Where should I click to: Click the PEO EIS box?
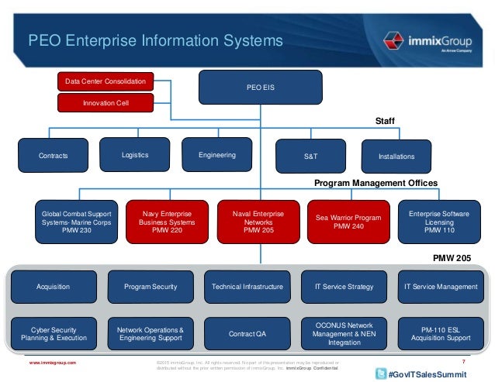245,88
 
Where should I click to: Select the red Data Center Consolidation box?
105,81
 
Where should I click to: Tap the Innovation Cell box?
105,102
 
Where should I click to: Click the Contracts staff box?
54,156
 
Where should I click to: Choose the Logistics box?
135,155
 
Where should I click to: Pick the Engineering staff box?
217,155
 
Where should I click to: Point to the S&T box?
311,156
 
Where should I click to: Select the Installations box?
396,156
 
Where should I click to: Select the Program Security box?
151,287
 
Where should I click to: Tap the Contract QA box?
247,334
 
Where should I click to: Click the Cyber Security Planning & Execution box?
54,334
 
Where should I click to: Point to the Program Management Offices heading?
376,183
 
